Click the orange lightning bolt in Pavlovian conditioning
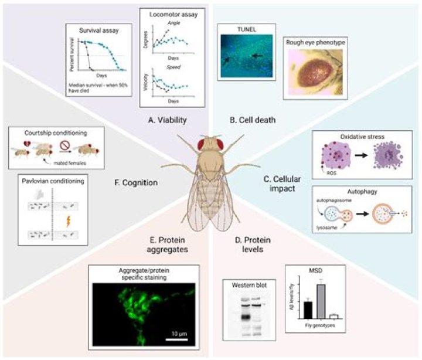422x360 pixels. click(56, 221)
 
